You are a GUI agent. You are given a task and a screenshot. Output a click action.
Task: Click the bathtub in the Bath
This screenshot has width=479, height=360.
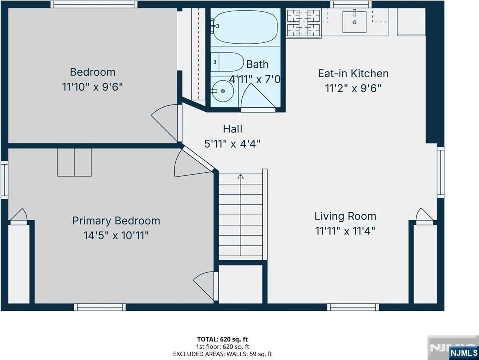[246, 27]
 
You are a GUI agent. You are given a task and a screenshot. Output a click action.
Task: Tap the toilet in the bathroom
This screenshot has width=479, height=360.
[227, 62]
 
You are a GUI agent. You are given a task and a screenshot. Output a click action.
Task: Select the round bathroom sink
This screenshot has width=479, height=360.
[223, 91]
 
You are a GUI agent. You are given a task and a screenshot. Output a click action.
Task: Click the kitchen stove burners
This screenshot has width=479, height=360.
[303, 23]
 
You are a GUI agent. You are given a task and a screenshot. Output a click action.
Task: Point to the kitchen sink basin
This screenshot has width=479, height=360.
[354, 22]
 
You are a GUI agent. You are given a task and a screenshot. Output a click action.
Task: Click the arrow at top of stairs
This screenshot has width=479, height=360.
[241, 176]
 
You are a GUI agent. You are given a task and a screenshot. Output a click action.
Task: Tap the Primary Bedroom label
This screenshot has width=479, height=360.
[116, 220]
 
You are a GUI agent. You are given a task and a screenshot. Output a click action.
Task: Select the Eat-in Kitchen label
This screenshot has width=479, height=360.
[353, 73]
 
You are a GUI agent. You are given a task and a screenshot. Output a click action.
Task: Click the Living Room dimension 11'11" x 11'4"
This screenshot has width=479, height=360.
[345, 231]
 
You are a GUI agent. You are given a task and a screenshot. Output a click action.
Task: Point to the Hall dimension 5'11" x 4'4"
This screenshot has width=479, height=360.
[232, 143]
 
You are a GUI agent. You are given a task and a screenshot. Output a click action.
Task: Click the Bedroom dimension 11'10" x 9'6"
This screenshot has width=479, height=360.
[92, 87]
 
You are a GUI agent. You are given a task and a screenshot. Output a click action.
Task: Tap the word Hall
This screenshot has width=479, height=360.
[232, 129]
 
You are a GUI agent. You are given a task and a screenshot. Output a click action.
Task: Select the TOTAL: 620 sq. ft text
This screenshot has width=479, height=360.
[222, 339]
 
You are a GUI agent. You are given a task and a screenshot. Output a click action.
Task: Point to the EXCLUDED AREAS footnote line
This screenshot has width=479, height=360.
[222, 354]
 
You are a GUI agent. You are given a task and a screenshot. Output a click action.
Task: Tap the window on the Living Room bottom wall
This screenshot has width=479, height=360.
[353, 307]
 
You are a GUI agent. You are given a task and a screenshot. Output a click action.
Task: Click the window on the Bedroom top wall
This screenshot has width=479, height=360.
[94, 4]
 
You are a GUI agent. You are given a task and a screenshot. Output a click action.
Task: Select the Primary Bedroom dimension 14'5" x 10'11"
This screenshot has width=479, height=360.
[116, 235]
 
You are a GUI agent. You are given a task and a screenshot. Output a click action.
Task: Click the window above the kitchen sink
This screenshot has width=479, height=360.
[351, 4]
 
